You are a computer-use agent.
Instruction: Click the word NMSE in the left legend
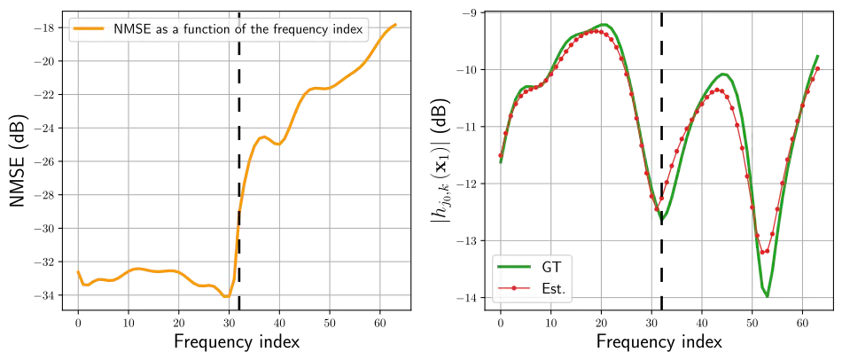[120, 30]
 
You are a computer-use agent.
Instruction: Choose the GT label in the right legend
[550, 266]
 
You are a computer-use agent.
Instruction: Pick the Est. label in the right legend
[553, 288]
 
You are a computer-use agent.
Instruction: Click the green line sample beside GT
[514, 266]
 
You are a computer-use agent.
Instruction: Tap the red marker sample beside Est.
[514, 288]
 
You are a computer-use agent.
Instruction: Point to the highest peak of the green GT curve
[604, 25]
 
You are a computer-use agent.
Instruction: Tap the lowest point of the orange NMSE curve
[227, 296]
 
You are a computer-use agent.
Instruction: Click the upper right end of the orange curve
[396, 22]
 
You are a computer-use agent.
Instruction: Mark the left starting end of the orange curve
[78, 270]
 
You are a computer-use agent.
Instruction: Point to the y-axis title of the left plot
[16, 160]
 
